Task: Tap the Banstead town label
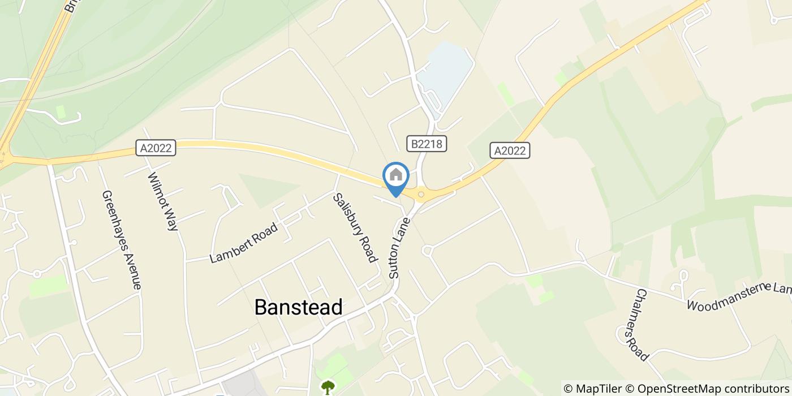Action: click(298, 307)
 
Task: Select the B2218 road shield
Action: click(427, 144)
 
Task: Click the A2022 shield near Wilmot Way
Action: click(157, 148)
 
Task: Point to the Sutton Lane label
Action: click(398, 248)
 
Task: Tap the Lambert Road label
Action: click(244, 243)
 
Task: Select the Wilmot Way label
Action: click(163, 201)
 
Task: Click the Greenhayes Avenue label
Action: click(121, 240)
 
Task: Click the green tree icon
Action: click(328, 387)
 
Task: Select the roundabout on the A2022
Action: click(421, 195)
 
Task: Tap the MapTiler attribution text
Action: click(592, 389)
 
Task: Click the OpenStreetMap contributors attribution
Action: click(707, 389)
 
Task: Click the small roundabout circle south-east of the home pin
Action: click(427, 249)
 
